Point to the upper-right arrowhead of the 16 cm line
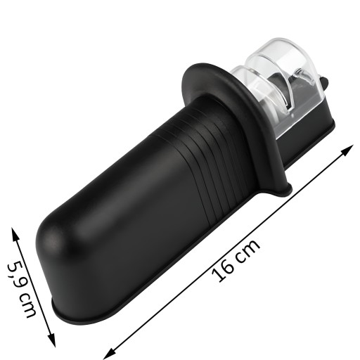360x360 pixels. tap(348, 150)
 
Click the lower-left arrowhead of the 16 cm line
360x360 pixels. tap(110, 354)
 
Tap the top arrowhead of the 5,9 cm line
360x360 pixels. tap(15, 234)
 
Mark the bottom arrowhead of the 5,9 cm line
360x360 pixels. tap(52, 340)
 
